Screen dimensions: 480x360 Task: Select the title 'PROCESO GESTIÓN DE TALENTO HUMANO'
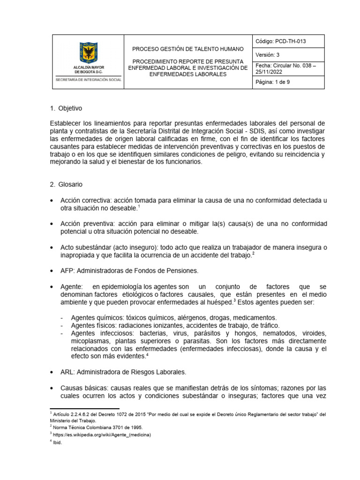click(187, 49)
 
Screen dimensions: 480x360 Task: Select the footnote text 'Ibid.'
click(57, 442)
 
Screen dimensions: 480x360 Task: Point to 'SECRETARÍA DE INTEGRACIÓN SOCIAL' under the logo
click(88, 80)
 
